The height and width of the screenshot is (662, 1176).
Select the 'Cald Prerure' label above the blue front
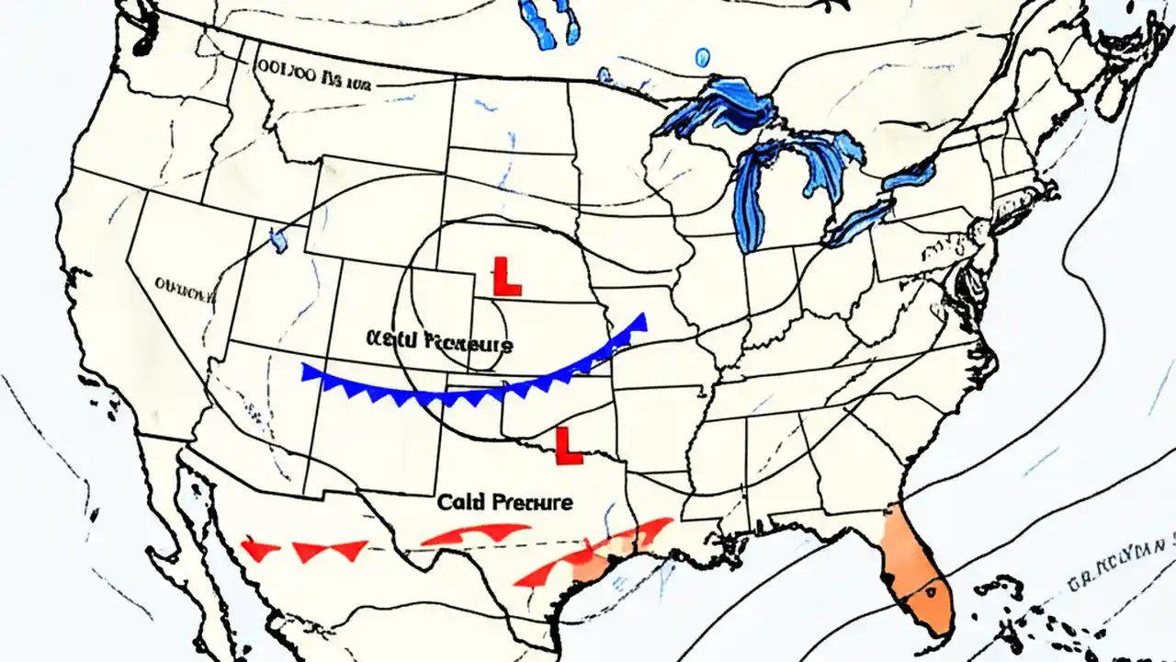(438, 342)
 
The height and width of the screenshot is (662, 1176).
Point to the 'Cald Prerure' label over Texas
(504, 502)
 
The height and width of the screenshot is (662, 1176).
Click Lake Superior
(721, 106)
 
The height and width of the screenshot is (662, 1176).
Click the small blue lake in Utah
(278, 239)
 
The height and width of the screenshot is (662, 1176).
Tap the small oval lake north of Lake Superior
(703, 58)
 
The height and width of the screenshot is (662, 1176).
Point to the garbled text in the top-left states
(312, 82)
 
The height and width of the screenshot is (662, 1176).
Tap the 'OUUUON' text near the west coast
(184, 291)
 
